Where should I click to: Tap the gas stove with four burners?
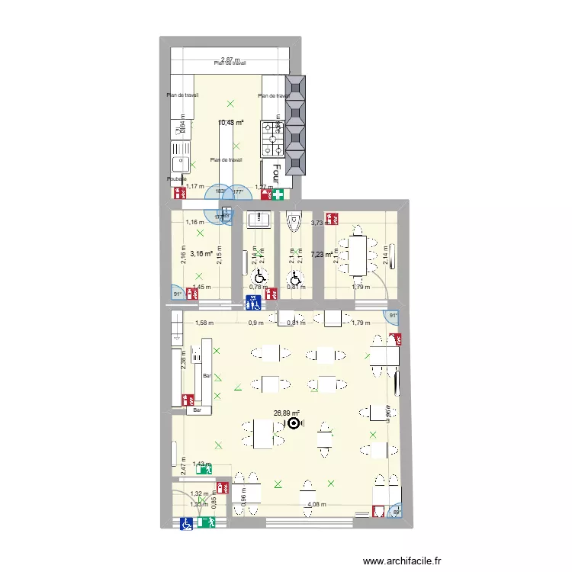pyautogui.click(x=272, y=136)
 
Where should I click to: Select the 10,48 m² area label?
pyautogui.click(x=230, y=123)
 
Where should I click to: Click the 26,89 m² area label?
pyautogui.click(x=287, y=414)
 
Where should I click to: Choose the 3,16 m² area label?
pyautogui.click(x=201, y=255)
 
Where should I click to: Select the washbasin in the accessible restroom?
pyautogui.click(x=258, y=220)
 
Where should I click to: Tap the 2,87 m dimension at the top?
pyautogui.click(x=230, y=59)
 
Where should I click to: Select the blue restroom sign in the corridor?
pyautogui.click(x=254, y=304)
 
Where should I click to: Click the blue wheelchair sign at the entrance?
pyautogui.click(x=186, y=523)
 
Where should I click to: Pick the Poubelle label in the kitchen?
pyautogui.click(x=176, y=179)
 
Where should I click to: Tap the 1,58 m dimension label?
pyautogui.click(x=204, y=323)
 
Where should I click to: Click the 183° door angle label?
pyautogui.click(x=221, y=191)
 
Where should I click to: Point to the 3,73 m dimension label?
pyautogui.click(x=320, y=223)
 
